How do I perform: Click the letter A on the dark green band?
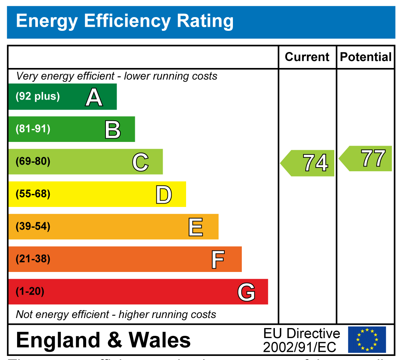[94, 97]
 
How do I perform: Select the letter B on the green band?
[113, 130]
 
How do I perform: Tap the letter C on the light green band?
[140, 162]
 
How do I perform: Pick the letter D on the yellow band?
[163, 195]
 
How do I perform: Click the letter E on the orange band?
[196, 227]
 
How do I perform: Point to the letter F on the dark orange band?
[218, 259]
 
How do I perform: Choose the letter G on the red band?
[246, 292]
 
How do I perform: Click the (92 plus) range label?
[38, 97]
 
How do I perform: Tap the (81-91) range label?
[33, 129]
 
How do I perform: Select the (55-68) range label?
[33, 194]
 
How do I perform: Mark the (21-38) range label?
[33, 259]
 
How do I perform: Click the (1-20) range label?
[30, 292]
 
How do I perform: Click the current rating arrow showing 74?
[308, 163]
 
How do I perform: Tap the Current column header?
[307, 57]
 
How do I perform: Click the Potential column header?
[365, 57]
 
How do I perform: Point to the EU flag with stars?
[367, 340]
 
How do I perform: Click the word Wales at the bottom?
[159, 340]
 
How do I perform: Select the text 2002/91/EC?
[299, 347]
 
